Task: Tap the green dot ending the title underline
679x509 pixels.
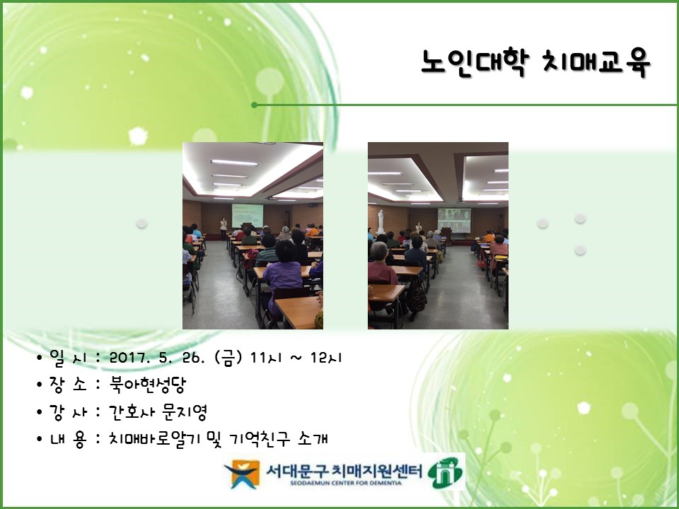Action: (x=254, y=105)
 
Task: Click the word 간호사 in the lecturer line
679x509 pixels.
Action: (x=132, y=412)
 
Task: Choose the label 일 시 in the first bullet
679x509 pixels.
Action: (x=67, y=358)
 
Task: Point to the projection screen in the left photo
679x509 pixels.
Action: (x=248, y=216)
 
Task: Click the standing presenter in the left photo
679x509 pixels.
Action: (x=223, y=227)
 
